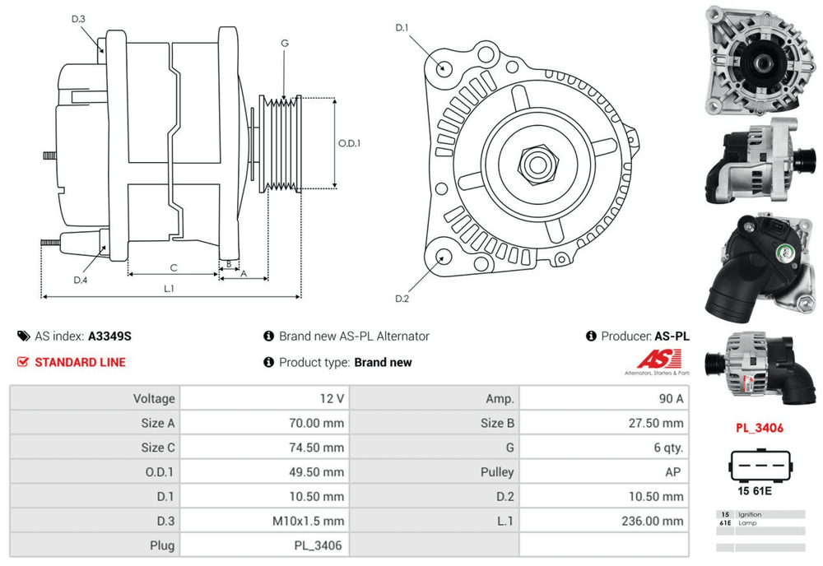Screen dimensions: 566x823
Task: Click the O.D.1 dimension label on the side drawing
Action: [349, 142]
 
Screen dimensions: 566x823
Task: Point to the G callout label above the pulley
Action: [284, 43]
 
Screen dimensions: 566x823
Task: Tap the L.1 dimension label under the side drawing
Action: [169, 288]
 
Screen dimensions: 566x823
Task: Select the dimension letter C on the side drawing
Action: [174, 267]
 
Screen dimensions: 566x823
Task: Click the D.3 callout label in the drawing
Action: [78, 19]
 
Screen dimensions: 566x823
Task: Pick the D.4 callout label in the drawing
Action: [80, 280]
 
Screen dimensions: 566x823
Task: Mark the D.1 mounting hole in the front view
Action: [444, 67]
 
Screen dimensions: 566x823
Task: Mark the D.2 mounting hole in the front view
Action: [444, 256]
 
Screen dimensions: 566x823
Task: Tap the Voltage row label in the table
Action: [154, 398]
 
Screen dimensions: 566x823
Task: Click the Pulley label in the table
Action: [497, 472]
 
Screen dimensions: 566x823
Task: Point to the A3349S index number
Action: [109, 336]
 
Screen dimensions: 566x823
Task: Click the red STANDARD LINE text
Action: [80, 362]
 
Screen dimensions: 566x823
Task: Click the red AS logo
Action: [661, 359]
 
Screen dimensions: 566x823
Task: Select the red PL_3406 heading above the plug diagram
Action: [759, 428]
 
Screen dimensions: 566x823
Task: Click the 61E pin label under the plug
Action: [762, 491]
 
